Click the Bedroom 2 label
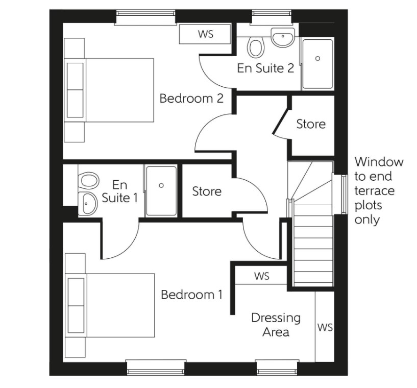tap(191, 98)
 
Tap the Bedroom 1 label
tap(191, 295)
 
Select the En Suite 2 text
tap(265, 68)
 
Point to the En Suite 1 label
tap(119, 191)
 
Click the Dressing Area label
tap(276, 325)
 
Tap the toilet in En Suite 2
tap(255, 47)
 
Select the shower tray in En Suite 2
tap(317, 63)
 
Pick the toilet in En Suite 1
tap(89, 180)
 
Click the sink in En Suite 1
tap(89, 204)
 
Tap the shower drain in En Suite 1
tap(161, 186)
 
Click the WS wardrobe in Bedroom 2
tap(206, 34)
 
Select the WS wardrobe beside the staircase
tap(261, 276)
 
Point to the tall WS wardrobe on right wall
tap(325, 327)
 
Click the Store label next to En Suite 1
tap(207, 191)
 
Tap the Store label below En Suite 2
tap(311, 124)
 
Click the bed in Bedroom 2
tap(110, 90)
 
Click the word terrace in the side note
tap(374, 191)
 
